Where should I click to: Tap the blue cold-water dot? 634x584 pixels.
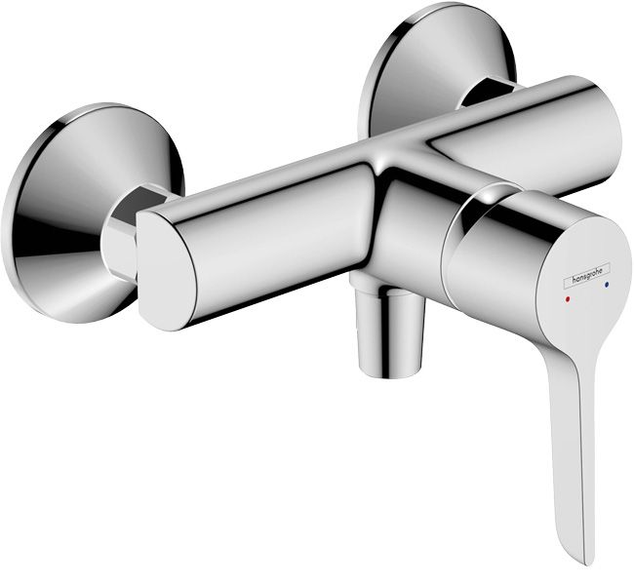point(609,286)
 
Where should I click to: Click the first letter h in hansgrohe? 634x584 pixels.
point(563,281)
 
